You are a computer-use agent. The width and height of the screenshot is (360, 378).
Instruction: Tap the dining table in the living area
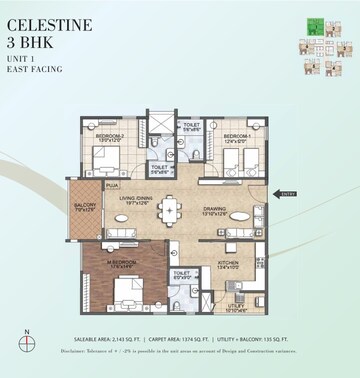(x=171, y=210)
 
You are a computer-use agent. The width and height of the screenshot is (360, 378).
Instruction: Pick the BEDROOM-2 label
(x=110, y=135)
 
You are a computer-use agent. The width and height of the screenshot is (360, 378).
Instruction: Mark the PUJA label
(x=113, y=185)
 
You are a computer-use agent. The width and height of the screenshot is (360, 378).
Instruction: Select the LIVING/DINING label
(x=137, y=199)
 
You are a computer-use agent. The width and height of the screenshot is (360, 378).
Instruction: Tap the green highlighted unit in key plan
(x=314, y=29)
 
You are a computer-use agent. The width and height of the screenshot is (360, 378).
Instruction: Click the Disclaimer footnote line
(x=179, y=352)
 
